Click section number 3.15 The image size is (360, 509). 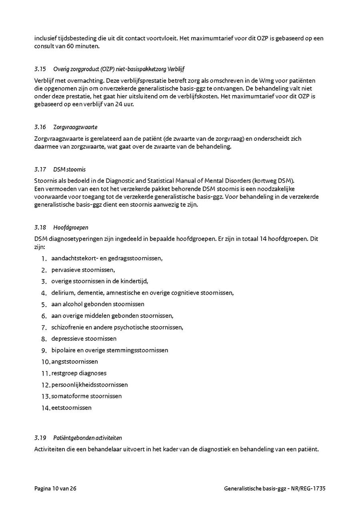[40, 69]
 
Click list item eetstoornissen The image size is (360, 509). [71, 408]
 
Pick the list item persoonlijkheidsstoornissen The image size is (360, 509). [90, 385]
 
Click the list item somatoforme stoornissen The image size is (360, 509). [86, 396]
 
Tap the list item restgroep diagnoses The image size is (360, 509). [79, 373]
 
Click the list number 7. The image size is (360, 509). [44, 327]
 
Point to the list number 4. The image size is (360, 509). [44, 293]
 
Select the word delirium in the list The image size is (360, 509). [62, 293]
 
